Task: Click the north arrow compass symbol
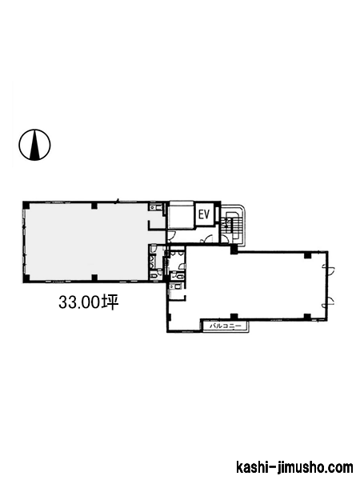tap(34, 145)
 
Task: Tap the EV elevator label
tap(204, 214)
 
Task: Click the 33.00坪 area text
tap(89, 302)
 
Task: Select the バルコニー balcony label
tap(226, 326)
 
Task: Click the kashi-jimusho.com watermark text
tap(294, 467)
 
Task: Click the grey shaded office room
tap(87, 242)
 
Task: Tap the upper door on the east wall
tap(330, 270)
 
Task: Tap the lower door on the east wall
tap(330, 302)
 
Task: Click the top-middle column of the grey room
tap(94, 206)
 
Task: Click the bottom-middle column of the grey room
tap(94, 278)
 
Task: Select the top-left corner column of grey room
tap(26, 205)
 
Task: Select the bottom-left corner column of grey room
tap(26, 278)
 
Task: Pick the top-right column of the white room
tap(308, 255)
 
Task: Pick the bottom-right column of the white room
tap(307, 317)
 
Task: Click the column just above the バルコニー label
tap(234, 316)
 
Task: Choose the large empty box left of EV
tap(182, 214)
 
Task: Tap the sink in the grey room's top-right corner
tap(154, 208)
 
